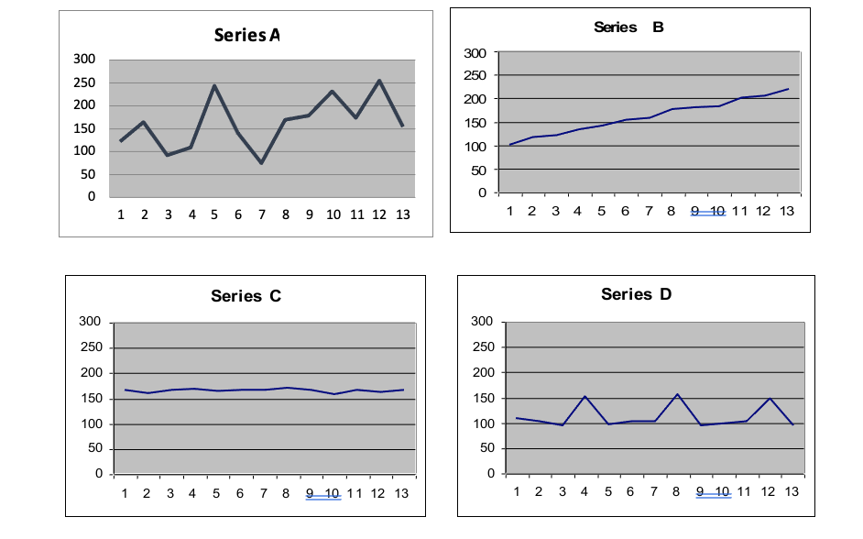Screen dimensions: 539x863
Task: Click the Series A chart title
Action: [x=246, y=36]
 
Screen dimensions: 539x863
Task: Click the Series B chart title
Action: [x=628, y=27]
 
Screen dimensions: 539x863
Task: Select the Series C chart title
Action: [x=246, y=296]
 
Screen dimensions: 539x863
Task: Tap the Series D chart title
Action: [x=636, y=294]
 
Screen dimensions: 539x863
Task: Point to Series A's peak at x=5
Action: [x=214, y=86]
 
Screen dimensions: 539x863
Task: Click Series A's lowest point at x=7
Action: [x=262, y=163]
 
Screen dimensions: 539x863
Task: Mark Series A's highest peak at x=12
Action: [x=378, y=81]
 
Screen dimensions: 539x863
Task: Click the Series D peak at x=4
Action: [x=584, y=396]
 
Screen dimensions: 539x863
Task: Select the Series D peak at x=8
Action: [x=677, y=394]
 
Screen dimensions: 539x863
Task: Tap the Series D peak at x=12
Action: [x=770, y=398]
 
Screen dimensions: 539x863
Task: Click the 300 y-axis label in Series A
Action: [x=85, y=60]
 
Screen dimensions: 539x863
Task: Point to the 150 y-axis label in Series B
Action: [x=475, y=123]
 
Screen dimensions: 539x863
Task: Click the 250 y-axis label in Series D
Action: [x=482, y=346]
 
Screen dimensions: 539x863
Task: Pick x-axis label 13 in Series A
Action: [x=402, y=214]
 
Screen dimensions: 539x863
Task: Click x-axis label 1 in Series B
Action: [x=510, y=211]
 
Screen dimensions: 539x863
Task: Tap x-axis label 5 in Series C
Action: [x=216, y=493]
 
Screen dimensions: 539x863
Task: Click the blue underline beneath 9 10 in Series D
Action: [x=714, y=498]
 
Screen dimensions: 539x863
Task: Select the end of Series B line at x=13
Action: [x=788, y=89]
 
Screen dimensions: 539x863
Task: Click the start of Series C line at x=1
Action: [x=125, y=390]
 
